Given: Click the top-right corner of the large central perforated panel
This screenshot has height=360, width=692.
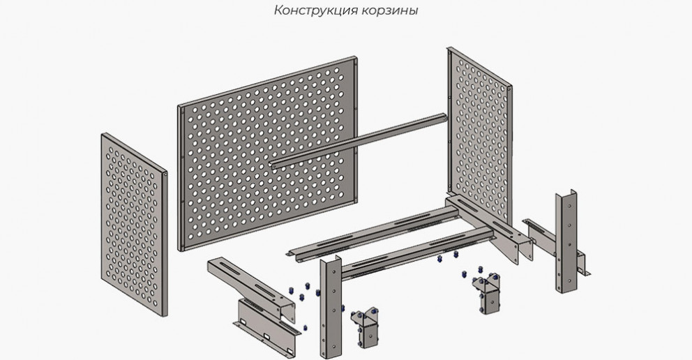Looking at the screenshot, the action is (x=356, y=57).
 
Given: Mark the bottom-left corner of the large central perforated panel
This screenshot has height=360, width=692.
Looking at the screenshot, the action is (x=179, y=250).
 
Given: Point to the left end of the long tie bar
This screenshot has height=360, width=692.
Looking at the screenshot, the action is (x=271, y=166).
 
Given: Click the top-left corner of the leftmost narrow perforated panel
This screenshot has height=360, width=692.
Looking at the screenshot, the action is (x=102, y=134).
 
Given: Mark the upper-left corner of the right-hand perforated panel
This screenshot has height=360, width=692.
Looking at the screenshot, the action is (x=449, y=47).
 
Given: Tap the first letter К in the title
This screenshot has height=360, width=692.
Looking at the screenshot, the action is (x=278, y=10).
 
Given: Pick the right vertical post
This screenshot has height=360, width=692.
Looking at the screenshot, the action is (x=566, y=241).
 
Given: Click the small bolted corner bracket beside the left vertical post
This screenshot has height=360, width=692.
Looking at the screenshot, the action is (x=366, y=328).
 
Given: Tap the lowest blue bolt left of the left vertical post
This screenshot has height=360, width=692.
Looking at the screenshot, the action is (x=305, y=328).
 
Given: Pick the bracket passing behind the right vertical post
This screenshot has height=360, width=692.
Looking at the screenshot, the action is (x=555, y=246).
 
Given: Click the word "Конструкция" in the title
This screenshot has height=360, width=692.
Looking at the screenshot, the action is (x=315, y=10).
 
